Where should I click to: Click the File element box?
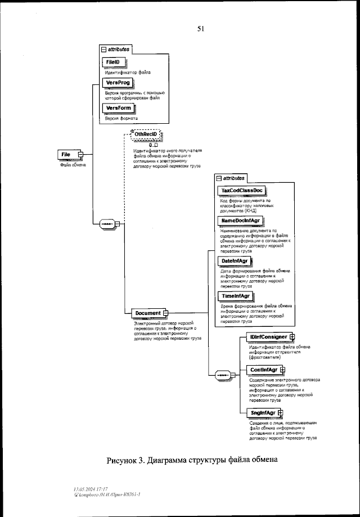(x=67, y=154)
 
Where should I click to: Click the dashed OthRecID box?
(x=145, y=134)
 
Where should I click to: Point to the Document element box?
(x=147, y=313)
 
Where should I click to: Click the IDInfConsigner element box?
(x=268, y=337)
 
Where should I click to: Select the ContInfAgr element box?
(x=263, y=370)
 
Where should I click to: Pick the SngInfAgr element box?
(x=262, y=413)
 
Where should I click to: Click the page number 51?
(x=200, y=29)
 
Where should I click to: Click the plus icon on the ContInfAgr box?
(x=283, y=370)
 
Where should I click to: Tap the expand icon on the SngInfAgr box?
(x=280, y=413)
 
